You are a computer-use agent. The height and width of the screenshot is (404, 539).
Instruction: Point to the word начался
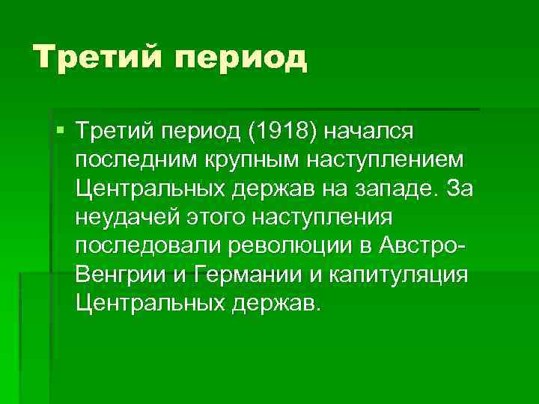(377, 132)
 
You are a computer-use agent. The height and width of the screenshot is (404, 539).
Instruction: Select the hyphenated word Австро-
(423, 245)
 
